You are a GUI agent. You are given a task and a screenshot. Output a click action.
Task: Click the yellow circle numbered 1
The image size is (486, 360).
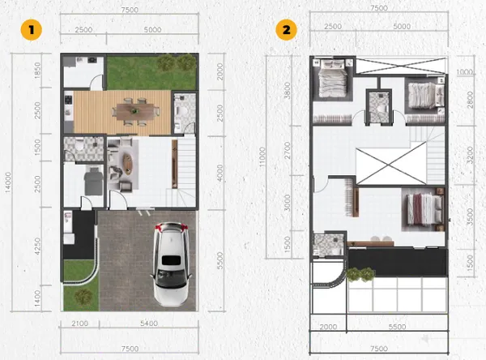click(x=31, y=30)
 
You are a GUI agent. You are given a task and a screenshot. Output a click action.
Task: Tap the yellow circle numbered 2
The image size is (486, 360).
click(x=287, y=30)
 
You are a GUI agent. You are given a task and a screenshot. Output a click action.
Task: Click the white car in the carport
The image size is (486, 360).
click(x=171, y=264)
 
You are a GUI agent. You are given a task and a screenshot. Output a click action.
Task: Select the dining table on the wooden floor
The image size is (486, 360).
click(x=135, y=111)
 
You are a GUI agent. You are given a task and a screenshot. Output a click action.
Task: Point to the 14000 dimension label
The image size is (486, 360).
click(x=8, y=182)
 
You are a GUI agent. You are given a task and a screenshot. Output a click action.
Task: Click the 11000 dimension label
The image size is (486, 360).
click(x=262, y=157)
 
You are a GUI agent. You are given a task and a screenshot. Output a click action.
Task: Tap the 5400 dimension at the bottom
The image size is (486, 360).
click(x=149, y=324)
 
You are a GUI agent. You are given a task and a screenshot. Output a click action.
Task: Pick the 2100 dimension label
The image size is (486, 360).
click(x=80, y=324)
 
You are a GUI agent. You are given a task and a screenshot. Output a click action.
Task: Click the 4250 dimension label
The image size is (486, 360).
click(x=37, y=246)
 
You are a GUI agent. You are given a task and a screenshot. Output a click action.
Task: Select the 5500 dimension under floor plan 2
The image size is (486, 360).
click(x=398, y=327)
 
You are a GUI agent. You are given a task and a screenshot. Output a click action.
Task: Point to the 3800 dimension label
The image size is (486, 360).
click(x=288, y=90)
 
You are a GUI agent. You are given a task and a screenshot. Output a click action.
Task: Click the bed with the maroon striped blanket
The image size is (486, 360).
click(x=424, y=209)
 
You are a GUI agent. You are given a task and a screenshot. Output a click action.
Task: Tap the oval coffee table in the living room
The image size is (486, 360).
click(x=127, y=163)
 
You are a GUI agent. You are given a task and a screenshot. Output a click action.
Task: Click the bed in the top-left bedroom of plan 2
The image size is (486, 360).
click(x=333, y=79)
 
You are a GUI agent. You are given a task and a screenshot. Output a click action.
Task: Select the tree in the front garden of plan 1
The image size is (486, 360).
click(x=83, y=297)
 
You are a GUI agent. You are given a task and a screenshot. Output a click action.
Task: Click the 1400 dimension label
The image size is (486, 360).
click(x=37, y=298)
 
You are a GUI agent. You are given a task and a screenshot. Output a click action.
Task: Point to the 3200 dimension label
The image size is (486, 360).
click(x=470, y=155)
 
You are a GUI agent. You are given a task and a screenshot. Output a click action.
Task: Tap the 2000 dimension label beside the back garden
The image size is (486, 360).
click(x=220, y=71)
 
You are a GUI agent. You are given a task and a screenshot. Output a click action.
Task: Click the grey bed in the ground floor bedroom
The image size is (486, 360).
click(x=93, y=181)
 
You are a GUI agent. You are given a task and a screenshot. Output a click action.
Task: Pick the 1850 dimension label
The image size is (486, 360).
click(x=37, y=71)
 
